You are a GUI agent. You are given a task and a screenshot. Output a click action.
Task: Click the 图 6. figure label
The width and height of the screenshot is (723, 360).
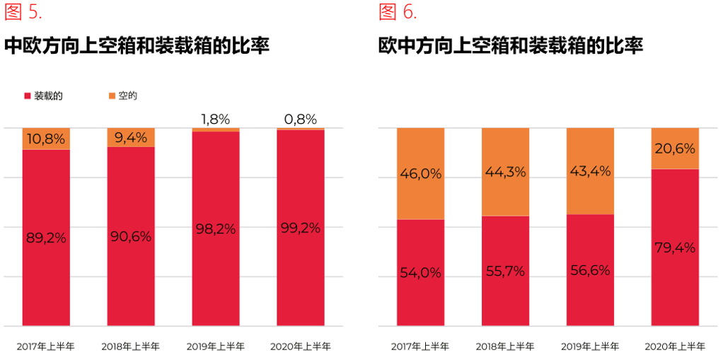pyautogui.click(x=398, y=12)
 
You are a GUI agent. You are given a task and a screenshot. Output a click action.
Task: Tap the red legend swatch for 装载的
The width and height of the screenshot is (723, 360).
pyautogui.click(x=27, y=95)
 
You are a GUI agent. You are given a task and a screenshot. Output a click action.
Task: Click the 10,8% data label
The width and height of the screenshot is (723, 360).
pyautogui.click(x=46, y=139)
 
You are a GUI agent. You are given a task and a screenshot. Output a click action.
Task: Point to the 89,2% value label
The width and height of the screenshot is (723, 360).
pyautogui.click(x=46, y=238)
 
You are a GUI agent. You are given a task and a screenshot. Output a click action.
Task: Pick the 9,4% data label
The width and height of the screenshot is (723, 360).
pyautogui.click(x=131, y=138)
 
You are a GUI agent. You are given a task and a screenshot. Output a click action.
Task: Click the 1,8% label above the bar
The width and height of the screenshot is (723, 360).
pyautogui.click(x=216, y=118)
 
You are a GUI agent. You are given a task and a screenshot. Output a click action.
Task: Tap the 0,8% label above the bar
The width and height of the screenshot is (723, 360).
pyautogui.click(x=301, y=118)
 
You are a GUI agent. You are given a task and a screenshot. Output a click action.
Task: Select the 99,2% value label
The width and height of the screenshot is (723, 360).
pyautogui.click(x=301, y=228)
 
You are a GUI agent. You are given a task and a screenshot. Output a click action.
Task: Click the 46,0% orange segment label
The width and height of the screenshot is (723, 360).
pyautogui.click(x=421, y=174)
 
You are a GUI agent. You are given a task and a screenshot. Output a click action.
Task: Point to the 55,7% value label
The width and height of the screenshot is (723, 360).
pyautogui.click(x=506, y=271)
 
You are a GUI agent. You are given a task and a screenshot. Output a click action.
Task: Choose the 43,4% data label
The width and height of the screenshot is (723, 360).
pyautogui.click(x=590, y=171)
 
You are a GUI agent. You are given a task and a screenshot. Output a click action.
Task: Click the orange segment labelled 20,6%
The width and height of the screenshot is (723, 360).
pyautogui.click(x=675, y=149)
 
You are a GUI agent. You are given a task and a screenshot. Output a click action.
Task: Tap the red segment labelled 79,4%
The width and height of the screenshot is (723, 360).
pyautogui.click(x=675, y=248)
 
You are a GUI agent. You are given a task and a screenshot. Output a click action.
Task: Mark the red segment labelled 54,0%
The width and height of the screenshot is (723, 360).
pyautogui.click(x=421, y=273)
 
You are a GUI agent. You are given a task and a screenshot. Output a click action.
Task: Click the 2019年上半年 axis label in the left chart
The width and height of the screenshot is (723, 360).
pyautogui.click(x=216, y=347)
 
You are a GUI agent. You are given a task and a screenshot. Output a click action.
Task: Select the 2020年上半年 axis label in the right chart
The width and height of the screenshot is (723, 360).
pyautogui.click(x=675, y=347)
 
